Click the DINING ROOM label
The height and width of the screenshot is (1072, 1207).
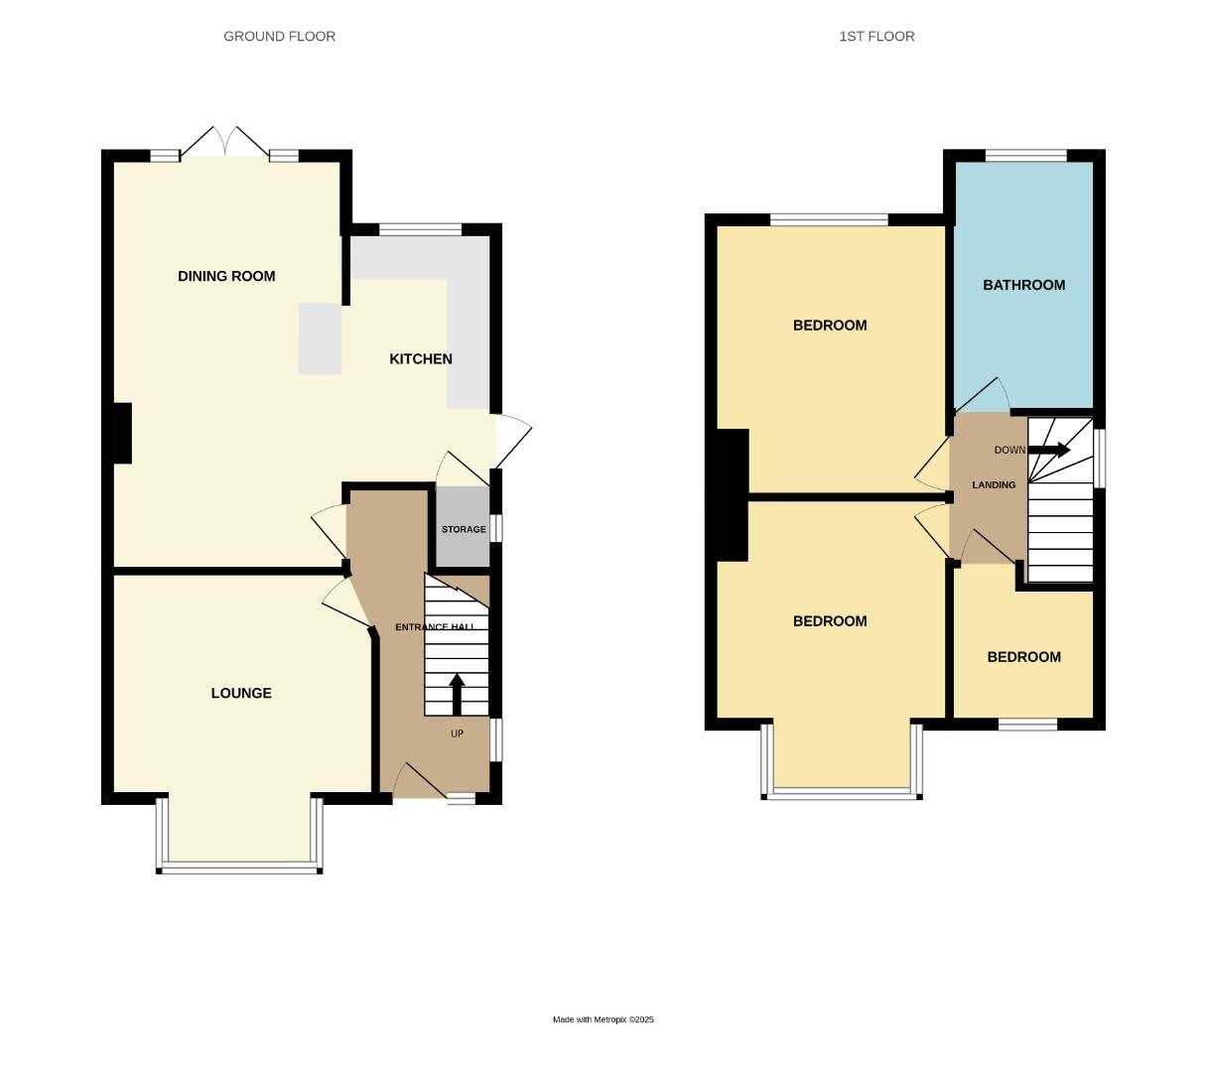click(226, 276)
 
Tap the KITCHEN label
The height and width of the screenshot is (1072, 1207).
click(420, 359)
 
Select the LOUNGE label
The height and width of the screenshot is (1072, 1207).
click(241, 693)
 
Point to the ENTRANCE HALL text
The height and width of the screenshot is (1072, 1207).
click(435, 627)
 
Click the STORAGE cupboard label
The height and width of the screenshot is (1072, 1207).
click(464, 529)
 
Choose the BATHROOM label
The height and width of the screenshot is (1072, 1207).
click(1023, 285)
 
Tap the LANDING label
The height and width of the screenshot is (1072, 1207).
click(994, 485)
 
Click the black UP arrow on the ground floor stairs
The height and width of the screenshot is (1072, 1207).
click(458, 694)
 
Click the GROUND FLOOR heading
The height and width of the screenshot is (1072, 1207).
click(279, 37)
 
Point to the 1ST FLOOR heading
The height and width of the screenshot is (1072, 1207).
click(876, 37)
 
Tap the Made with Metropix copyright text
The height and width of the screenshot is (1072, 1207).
click(603, 1019)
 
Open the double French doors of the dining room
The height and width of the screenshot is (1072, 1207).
click(225, 144)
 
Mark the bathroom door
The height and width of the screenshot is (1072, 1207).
click(983, 397)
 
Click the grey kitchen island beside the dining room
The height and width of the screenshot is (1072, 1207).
click(321, 338)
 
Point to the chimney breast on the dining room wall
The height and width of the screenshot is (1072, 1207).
click(122, 433)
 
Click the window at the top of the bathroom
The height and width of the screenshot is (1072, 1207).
click(1025, 156)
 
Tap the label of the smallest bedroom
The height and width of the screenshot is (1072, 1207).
click(1023, 657)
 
